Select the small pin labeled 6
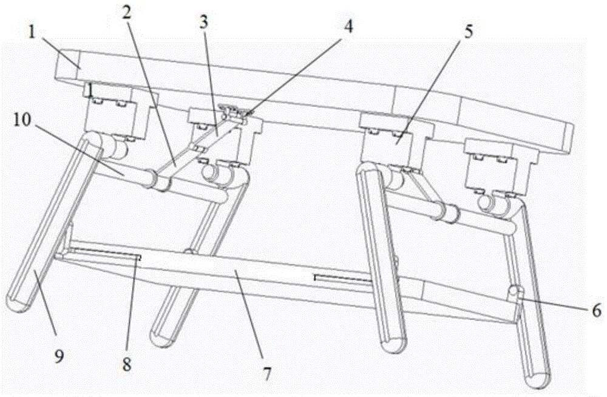point(515,293)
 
